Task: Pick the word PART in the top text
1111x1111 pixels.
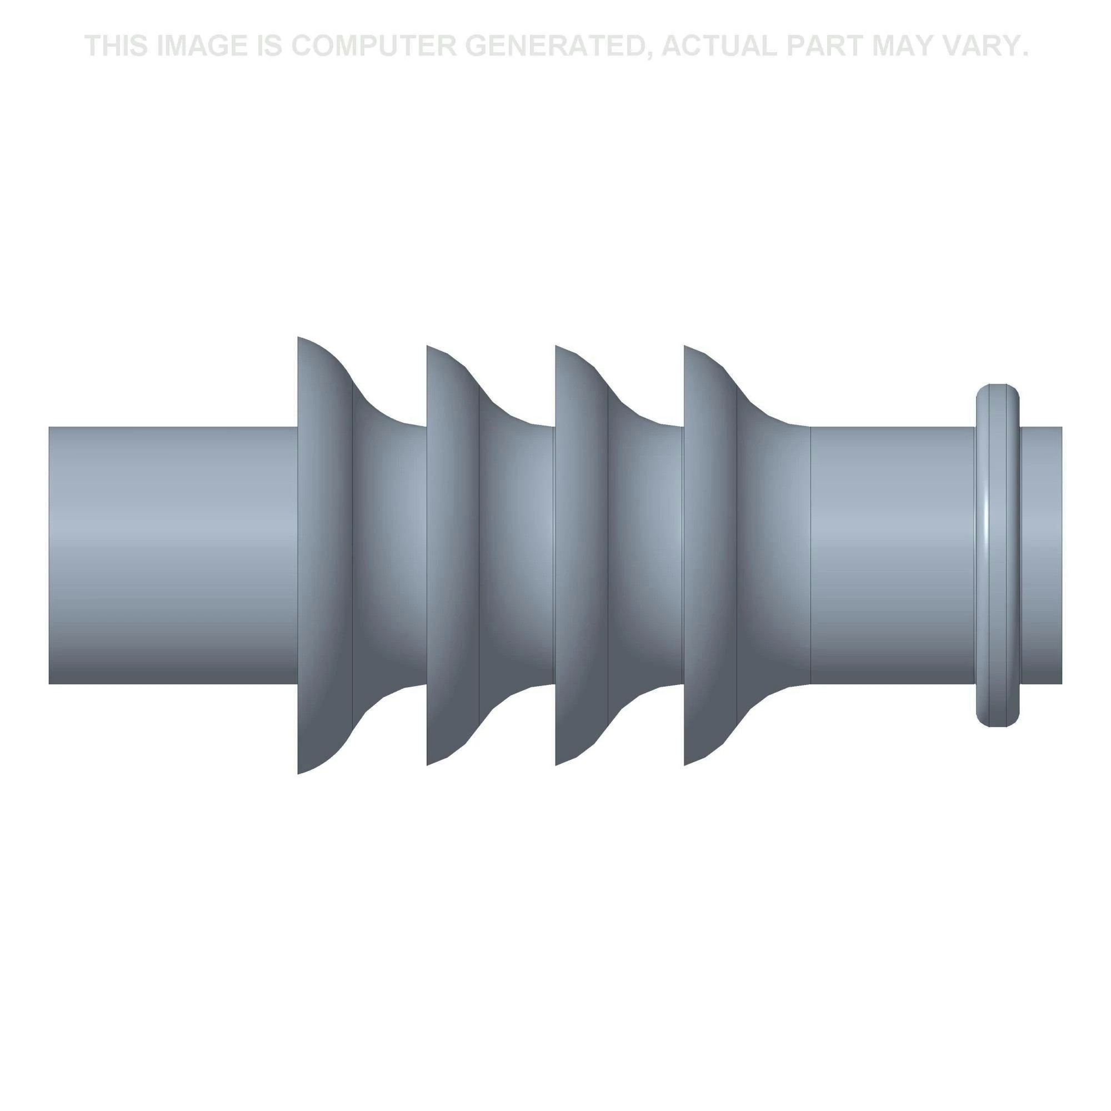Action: coord(826,46)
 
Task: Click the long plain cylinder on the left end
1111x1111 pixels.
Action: coord(173,555)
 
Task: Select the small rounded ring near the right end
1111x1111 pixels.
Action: coord(998,555)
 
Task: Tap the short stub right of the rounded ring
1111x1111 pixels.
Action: coord(1042,555)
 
